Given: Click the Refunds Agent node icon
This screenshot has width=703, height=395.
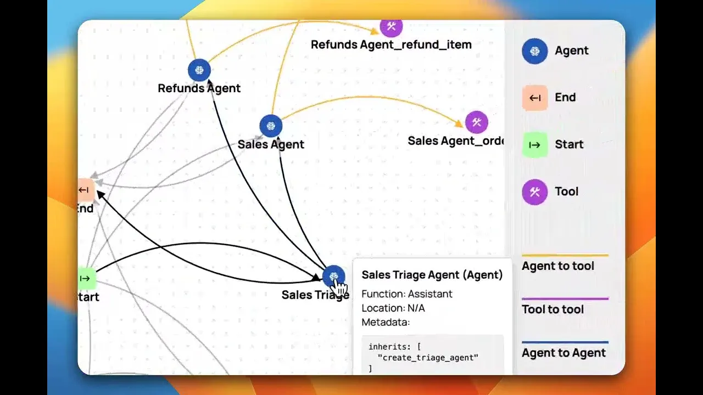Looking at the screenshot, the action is tap(199, 70).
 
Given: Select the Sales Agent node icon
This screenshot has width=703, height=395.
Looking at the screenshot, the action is tap(271, 126).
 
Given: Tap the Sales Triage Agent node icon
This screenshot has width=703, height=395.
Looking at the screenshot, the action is tap(333, 276).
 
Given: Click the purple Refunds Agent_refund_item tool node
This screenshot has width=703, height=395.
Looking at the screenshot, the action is tap(391, 26).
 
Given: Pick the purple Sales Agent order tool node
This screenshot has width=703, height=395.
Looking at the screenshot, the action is tap(477, 122).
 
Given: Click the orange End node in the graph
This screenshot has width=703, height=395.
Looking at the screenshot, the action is tap(86, 190).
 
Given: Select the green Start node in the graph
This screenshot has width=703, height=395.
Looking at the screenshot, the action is tap(86, 278).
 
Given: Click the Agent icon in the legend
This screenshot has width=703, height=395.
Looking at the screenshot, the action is tap(534, 51).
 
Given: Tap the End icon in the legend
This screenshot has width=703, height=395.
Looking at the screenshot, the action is tap(534, 98).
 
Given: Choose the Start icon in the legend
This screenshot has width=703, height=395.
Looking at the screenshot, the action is tap(534, 145).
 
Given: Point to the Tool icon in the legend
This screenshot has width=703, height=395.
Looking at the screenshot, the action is tap(534, 192).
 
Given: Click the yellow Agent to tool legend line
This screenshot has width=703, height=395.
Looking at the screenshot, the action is tap(565, 255).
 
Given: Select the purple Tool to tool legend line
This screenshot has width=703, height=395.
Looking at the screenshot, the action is tap(565, 299).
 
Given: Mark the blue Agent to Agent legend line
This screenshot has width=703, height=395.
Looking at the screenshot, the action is tap(565, 342).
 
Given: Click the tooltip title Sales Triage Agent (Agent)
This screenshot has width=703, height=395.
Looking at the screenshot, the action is tap(432, 275).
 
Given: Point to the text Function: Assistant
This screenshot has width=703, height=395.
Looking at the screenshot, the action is tap(407, 294).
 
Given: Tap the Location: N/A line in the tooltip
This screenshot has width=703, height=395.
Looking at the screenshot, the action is tap(393, 308).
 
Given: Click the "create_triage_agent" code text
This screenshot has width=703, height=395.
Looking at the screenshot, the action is tap(428, 358).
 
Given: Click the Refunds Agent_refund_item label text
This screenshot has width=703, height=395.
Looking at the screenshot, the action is tap(391, 44).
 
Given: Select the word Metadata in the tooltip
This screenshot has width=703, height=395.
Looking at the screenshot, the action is tap(385, 323).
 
